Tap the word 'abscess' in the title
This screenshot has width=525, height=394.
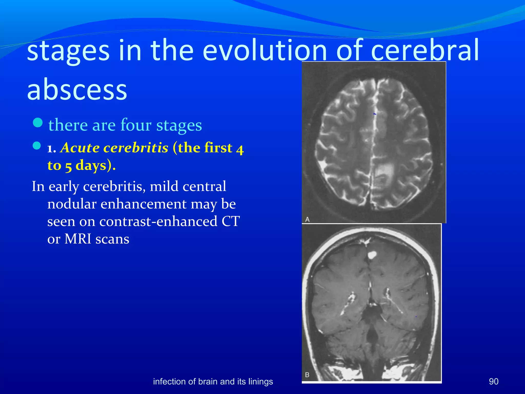(77, 89)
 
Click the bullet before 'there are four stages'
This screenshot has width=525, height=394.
(38, 123)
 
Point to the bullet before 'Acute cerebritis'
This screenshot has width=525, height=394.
(37, 146)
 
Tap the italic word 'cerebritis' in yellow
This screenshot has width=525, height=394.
(136, 148)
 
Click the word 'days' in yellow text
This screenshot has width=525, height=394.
(91, 165)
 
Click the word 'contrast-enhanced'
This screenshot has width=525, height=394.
(158, 221)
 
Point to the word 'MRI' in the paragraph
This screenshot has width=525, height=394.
(78, 239)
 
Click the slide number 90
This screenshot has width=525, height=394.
(493, 382)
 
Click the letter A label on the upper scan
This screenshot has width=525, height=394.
(307, 220)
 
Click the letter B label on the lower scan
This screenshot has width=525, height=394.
(307, 375)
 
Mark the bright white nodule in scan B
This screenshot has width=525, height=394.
(372, 255)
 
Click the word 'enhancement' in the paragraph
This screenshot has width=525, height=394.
(144, 204)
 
